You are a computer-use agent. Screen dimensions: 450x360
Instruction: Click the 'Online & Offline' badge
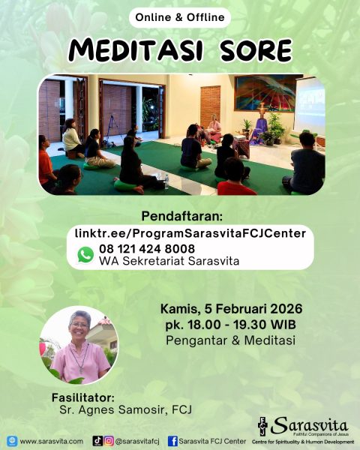180,17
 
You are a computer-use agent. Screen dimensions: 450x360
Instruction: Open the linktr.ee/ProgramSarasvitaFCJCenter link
190,233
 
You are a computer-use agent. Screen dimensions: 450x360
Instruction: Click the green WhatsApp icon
85,255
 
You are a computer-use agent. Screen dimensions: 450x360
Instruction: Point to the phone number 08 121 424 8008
146,248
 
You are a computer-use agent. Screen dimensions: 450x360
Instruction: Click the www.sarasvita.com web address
51,441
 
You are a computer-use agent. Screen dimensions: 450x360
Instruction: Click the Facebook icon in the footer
172,441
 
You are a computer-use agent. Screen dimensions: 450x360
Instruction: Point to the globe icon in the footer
12,441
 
